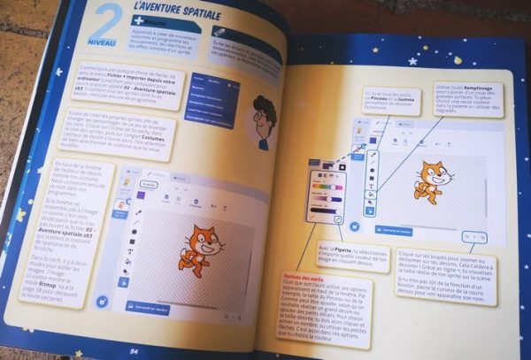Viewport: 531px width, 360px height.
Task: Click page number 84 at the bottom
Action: [x=134, y=349]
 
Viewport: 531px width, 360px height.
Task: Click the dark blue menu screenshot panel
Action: [x=215, y=97]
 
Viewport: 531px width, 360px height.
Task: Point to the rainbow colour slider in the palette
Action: [x=324, y=187]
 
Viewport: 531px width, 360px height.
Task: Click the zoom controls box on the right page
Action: [x=473, y=237]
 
